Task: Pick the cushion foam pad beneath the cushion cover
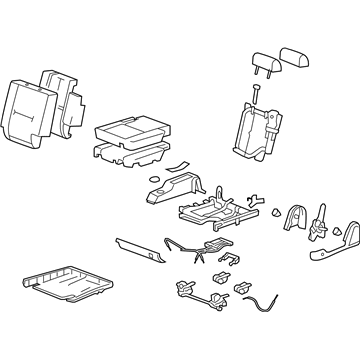129,153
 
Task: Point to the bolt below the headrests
255,93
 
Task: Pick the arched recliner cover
295,221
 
